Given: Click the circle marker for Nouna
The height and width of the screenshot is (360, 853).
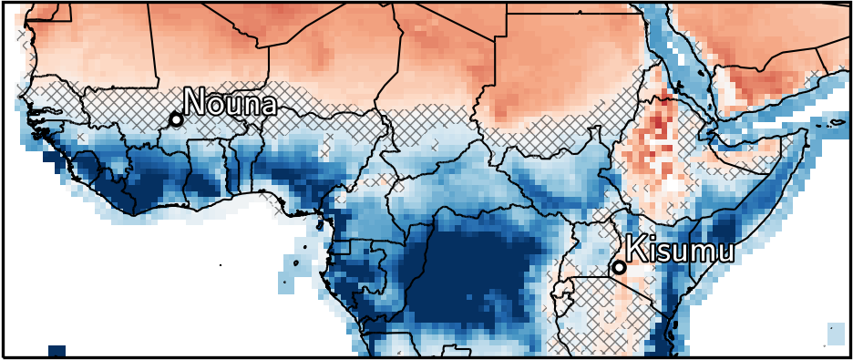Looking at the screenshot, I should tap(176, 119).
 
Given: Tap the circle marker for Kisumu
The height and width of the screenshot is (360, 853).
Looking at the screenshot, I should tap(619, 267).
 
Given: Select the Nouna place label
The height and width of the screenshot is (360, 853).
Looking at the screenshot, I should tap(230, 102).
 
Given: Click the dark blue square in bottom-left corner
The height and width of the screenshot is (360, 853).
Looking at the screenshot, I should tap(57, 351).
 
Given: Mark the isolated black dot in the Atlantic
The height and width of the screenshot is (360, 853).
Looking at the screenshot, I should tap(221, 265).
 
